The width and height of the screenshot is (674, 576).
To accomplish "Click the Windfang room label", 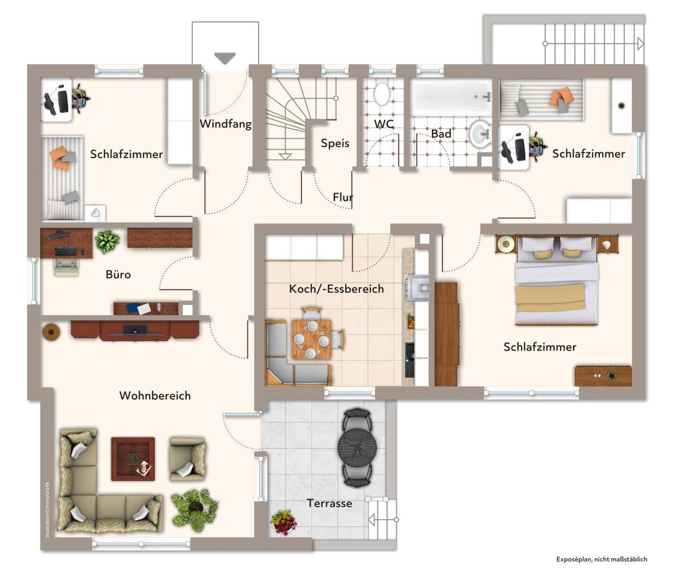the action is [x=225, y=124].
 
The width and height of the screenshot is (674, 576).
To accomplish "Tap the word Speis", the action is [x=335, y=143].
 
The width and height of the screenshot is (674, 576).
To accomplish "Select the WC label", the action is [x=384, y=124].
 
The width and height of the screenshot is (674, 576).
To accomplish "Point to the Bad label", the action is [x=441, y=134].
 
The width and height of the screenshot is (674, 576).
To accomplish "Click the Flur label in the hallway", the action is [x=342, y=197].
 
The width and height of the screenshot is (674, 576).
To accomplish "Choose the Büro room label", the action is [x=118, y=275].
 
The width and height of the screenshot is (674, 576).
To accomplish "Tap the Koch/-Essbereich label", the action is [x=337, y=289].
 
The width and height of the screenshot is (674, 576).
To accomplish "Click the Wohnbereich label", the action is [x=155, y=395].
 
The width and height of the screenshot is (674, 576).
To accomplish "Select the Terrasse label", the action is [x=330, y=503].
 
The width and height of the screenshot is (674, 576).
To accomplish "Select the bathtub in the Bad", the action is [x=451, y=97].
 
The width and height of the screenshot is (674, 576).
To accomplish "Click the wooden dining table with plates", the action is [x=311, y=339].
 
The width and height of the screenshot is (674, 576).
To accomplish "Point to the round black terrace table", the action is [x=357, y=448].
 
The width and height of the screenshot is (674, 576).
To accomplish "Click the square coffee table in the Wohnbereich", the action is [x=133, y=459].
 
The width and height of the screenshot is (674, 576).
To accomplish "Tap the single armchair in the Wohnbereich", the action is [x=188, y=459].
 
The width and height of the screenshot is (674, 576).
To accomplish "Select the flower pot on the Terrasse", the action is [x=283, y=522].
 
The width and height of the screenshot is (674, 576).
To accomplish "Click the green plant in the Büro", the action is [x=107, y=241].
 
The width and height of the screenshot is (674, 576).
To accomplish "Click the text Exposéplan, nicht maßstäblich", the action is [x=601, y=559].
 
